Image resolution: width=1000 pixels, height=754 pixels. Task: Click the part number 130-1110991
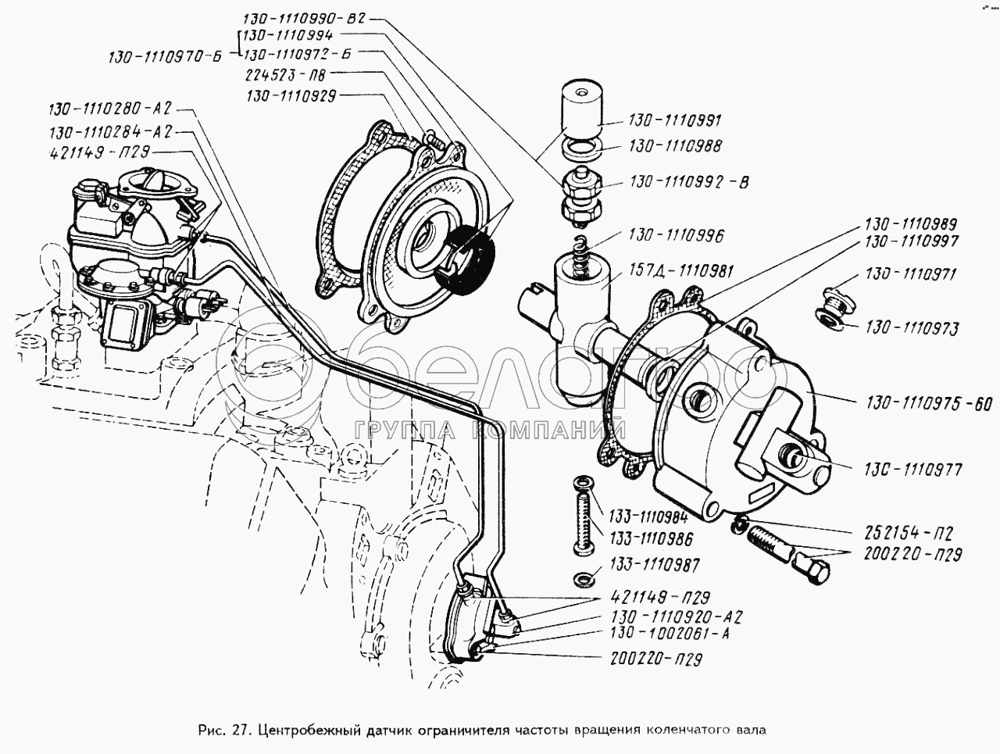pyautogui.click(x=674, y=121)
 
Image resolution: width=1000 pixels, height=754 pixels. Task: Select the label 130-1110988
pyautogui.click(x=674, y=146)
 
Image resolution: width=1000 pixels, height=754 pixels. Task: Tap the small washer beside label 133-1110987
pyautogui.click(x=580, y=580)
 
